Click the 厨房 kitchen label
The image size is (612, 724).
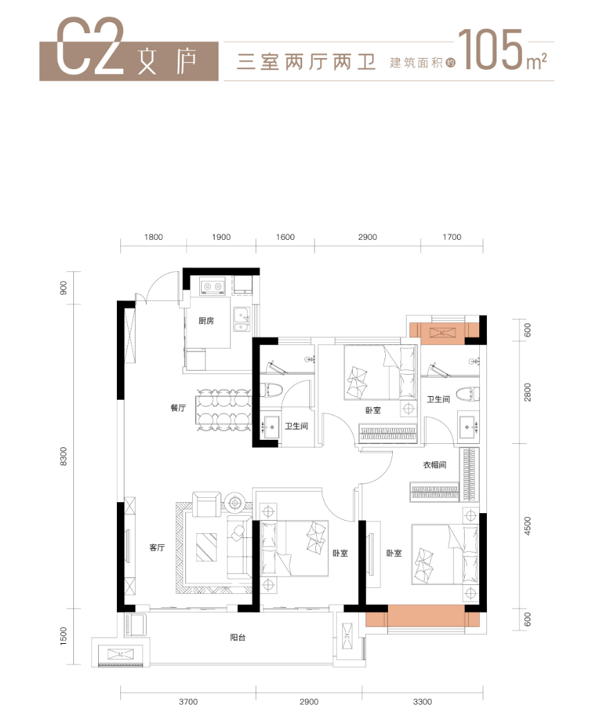click(205, 320)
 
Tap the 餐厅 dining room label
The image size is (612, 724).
click(178, 408)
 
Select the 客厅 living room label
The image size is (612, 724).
click(158, 547)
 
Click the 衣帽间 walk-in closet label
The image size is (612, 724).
click(435, 465)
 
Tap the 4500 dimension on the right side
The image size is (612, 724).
click(528, 526)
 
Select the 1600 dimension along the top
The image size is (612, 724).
click(285, 237)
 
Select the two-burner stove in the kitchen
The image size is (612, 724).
click(210, 284)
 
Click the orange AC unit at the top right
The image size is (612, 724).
click(443, 333)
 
